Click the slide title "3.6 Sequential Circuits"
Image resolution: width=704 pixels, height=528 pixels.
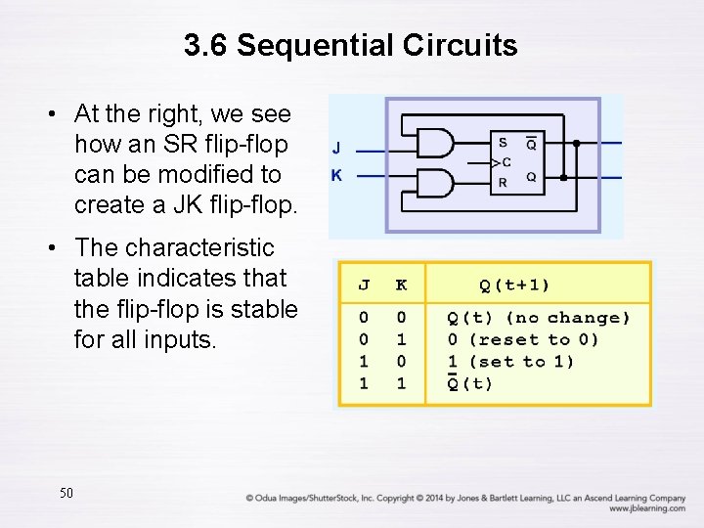351,45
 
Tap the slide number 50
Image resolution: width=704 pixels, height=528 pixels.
66,493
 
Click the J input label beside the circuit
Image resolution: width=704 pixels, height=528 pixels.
336,150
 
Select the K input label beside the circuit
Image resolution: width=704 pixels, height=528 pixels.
336,177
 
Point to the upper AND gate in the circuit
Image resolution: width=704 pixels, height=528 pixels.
436,144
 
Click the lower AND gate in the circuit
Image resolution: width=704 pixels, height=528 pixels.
436,182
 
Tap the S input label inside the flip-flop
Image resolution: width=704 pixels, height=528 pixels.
503,143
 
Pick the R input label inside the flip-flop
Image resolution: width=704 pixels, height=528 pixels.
503,182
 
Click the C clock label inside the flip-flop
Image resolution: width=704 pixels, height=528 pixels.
506,162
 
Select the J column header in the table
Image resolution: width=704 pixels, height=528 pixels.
364,286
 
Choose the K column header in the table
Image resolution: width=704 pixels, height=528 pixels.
401,286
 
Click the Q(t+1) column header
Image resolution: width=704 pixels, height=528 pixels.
514,286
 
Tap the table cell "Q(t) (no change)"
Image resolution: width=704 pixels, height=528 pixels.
539,318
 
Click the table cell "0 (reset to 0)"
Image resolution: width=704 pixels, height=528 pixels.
523,339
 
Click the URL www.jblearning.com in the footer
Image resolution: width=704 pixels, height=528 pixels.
646,508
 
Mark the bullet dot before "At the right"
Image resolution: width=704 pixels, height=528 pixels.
52,115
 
